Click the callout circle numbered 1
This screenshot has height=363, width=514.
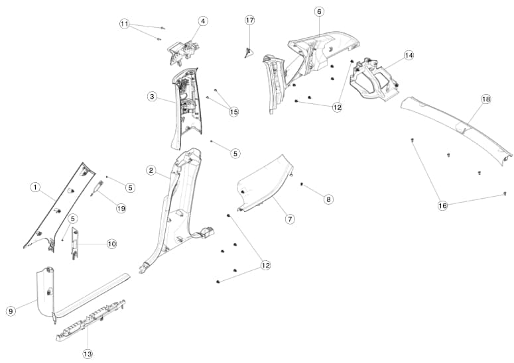34,187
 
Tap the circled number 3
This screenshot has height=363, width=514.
152,97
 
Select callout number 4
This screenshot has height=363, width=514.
203,21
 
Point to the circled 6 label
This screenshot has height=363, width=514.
319,12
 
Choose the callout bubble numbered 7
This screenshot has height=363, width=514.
290,219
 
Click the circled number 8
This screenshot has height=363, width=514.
328,199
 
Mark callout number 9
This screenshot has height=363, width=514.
11,311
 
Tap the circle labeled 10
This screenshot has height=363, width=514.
111,244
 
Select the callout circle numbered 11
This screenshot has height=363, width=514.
125,24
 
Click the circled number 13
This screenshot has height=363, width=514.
88,354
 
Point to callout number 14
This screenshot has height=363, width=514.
409,56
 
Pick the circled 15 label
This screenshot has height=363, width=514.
233,112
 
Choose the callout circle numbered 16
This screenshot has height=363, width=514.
442,206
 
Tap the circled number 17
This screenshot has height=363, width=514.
249,21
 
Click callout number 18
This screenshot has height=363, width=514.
486,99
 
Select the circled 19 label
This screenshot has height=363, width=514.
121,208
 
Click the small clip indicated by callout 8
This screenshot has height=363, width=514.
302,183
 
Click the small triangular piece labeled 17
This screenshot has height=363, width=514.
249,51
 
